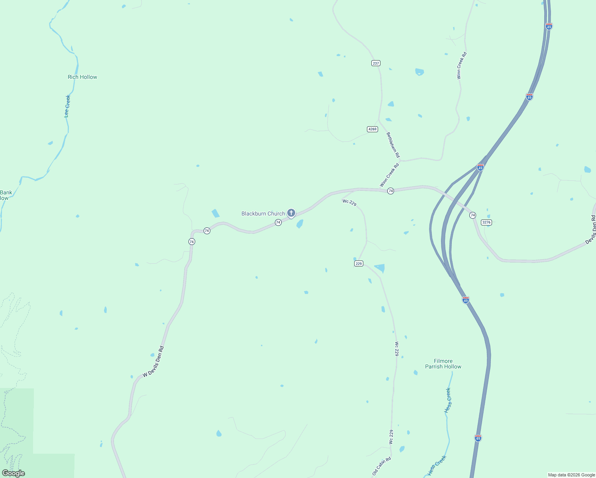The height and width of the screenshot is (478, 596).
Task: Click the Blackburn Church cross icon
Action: (291, 213)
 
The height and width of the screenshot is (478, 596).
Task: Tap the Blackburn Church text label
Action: (263, 214)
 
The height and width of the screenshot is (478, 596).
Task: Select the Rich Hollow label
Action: (82, 77)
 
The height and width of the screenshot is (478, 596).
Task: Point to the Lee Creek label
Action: (67, 106)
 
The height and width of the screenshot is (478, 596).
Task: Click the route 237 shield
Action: (376, 63)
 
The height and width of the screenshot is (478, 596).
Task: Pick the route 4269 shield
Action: (372, 129)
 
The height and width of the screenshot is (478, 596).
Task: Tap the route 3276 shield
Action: (486, 222)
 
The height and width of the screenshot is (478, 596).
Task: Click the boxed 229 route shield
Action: (359, 264)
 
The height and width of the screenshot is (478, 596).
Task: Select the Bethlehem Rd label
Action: (393, 145)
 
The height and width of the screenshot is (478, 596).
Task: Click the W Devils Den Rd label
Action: (153, 362)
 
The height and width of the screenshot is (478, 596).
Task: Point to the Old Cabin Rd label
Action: (382, 466)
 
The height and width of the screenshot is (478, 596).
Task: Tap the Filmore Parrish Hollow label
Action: (443, 364)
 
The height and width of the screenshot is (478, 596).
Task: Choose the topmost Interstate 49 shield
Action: (549, 26)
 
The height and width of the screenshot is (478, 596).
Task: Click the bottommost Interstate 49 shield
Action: (478, 438)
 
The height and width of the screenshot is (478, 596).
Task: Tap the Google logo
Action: (14, 473)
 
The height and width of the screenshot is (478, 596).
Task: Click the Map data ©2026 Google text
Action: (571, 475)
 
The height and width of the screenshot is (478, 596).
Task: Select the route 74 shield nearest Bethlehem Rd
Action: (390, 191)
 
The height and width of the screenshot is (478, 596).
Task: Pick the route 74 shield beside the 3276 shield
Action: (472, 215)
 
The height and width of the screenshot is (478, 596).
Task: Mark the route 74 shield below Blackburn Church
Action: (278, 222)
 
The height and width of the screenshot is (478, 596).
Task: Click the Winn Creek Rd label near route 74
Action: (389, 175)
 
